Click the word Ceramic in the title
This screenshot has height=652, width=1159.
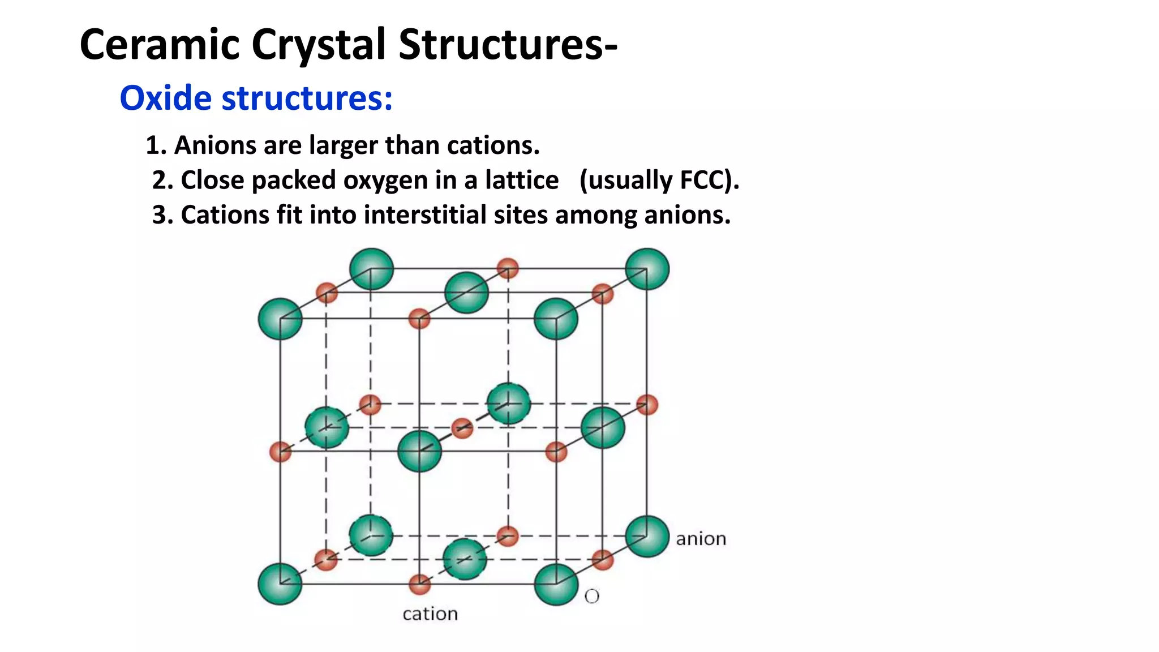(x=160, y=44)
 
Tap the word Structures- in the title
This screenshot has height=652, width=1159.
(x=508, y=44)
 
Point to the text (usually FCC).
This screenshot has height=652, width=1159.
(x=659, y=181)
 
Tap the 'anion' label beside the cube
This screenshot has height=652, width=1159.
(x=701, y=539)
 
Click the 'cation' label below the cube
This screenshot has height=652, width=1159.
(x=430, y=614)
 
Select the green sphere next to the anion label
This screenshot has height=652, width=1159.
(x=647, y=536)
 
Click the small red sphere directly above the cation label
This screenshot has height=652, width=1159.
(x=419, y=584)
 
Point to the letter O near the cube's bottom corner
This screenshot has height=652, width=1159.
(x=592, y=597)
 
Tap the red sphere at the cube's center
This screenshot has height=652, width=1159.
(x=462, y=428)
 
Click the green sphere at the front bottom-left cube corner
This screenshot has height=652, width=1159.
(x=280, y=584)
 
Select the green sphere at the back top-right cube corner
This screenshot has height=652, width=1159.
(x=647, y=269)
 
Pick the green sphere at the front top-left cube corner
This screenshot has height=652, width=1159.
(x=280, y=319)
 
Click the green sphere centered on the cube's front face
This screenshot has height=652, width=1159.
(x=419, y=451)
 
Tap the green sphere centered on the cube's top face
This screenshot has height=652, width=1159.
(x=466, y=293)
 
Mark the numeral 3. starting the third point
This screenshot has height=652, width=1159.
(x=162, y=215)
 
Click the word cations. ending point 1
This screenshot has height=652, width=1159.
(x=493, y=145)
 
